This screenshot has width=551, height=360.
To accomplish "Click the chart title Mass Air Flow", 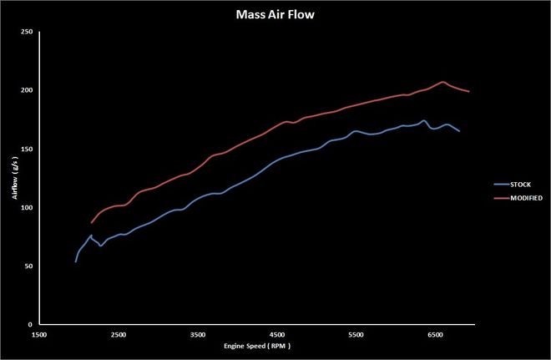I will tap(275, 13).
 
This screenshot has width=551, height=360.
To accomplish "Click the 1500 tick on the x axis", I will tap(38, 333).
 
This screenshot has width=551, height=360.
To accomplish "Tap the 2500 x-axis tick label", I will tap(118, 333).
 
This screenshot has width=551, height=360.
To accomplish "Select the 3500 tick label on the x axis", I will tap(197, 333).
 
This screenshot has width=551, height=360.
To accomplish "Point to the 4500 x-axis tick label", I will tap(276, 333).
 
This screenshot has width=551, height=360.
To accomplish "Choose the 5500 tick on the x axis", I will tap(356, 333).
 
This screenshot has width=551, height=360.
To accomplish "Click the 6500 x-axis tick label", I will tap(435, 333).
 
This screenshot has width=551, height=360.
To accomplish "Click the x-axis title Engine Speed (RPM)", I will tap(256, 345).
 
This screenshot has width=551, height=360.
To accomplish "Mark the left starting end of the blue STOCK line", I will tap(75, 261).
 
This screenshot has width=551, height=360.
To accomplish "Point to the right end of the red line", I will tap(469, 92).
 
